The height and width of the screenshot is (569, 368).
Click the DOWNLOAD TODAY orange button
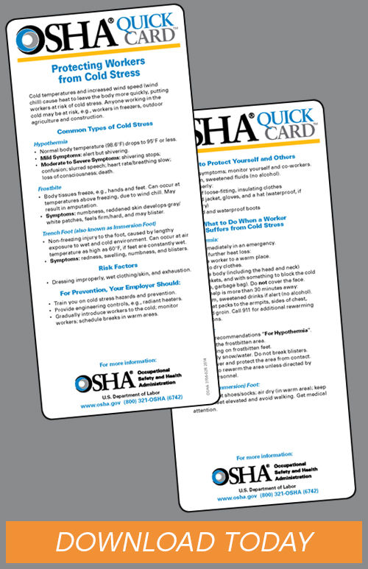click(x=184, y=543)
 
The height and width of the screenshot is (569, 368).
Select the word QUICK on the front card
click(x=129, y=26)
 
